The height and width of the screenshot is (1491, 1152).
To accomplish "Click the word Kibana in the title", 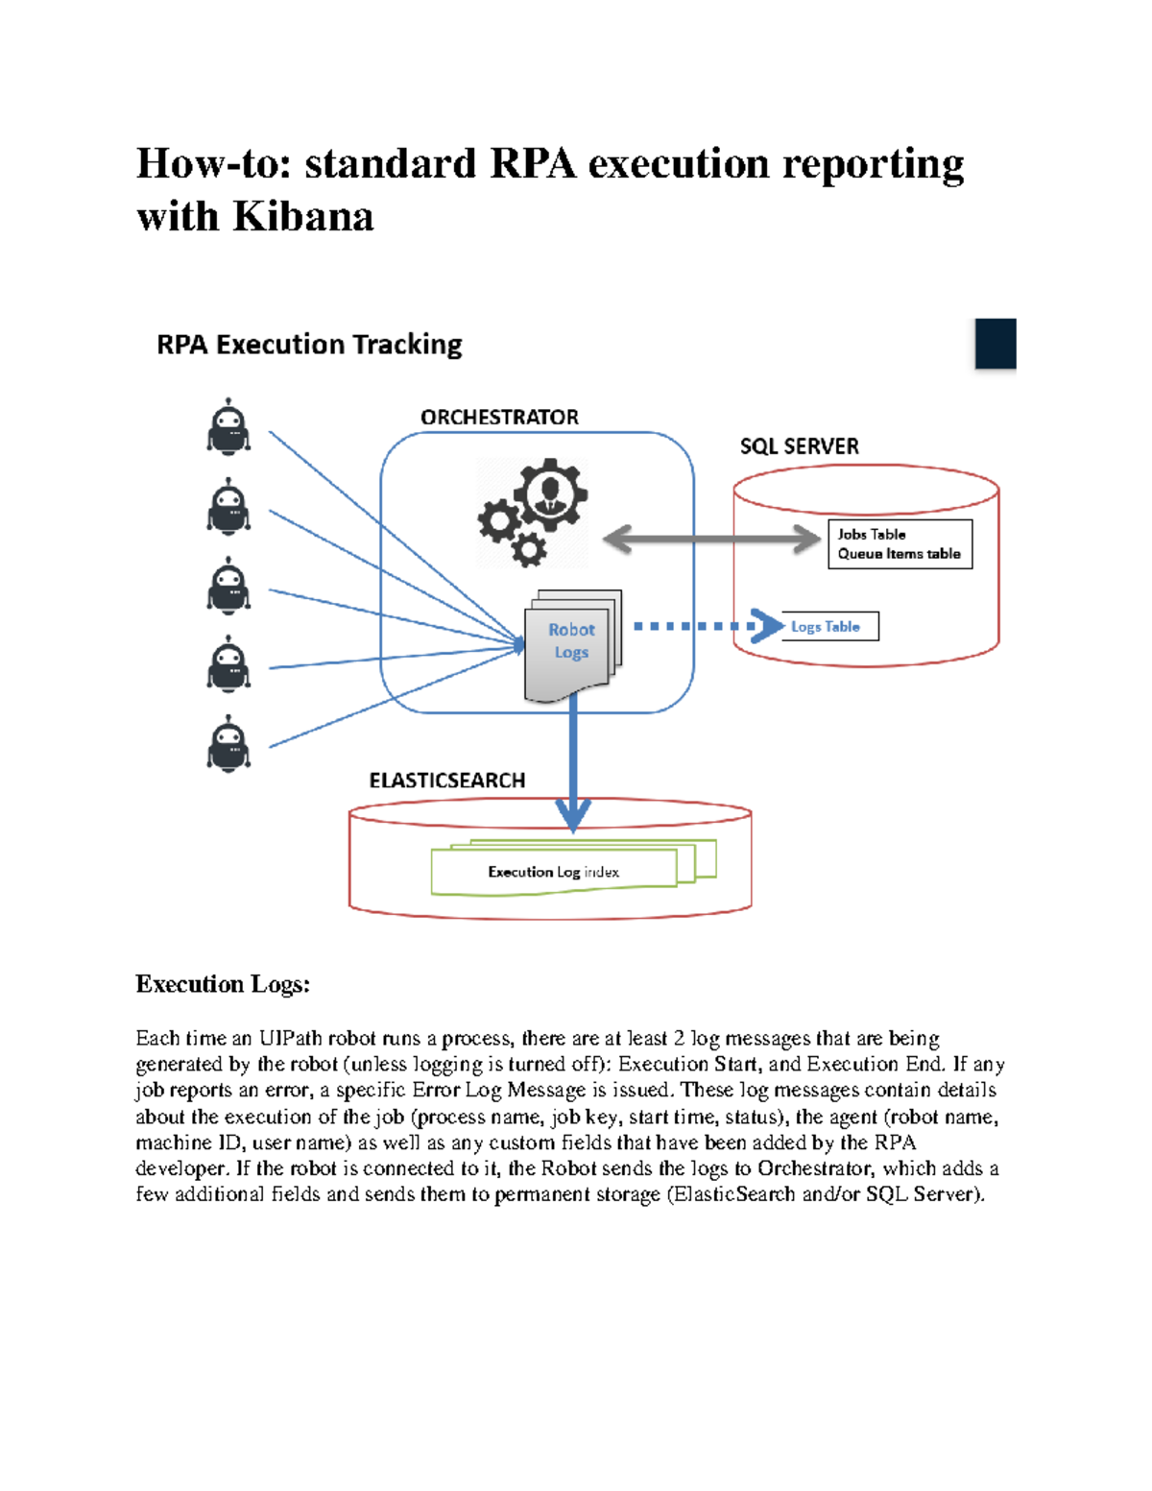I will pos(303,217).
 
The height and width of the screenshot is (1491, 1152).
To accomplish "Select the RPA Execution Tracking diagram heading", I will pos(309,345).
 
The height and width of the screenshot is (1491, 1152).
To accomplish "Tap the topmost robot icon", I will pos(228,426).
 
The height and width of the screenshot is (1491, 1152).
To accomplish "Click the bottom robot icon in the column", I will pos(228,744).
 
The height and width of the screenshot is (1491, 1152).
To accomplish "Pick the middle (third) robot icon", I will pos(228,586).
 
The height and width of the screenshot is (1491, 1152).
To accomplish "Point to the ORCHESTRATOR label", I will pos(499,418).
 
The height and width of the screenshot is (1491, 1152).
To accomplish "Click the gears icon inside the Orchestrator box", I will pos(533,511).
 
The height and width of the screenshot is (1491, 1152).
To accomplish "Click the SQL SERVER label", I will pos(799,446).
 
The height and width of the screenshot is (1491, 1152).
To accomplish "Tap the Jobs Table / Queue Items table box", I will pos(900,544).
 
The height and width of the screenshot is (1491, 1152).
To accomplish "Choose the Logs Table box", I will pos(830,627).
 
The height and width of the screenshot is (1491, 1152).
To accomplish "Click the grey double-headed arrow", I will pos(711,539).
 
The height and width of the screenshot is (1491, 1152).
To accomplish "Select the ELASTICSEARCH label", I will pos(447,781).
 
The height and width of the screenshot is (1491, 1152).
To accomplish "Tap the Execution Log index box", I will pos(554,872).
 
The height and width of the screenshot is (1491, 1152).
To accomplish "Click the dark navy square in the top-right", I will pos(996,344).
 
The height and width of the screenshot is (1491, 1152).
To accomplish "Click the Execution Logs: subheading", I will pos(223,984).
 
